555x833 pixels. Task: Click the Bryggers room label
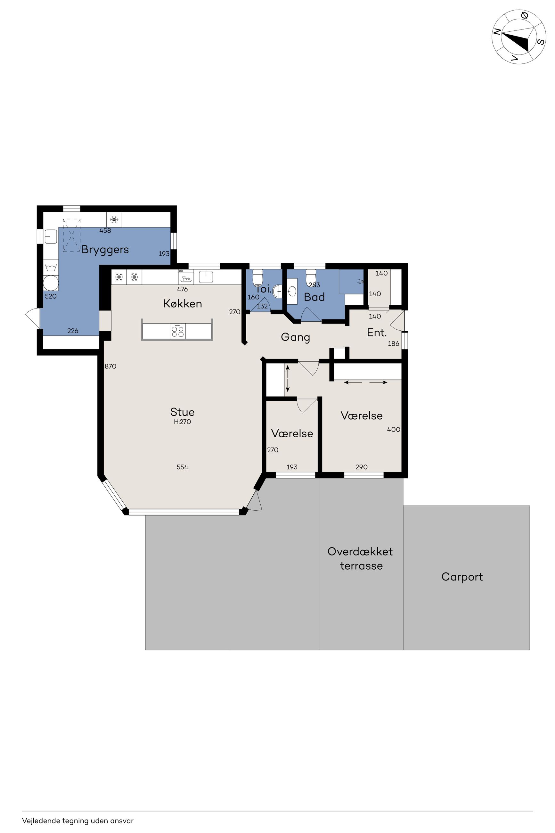pos(105,250)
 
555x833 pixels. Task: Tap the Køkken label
pos(182,303)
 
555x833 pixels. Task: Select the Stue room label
pos(182,412)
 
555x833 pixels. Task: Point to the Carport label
pos(462,577)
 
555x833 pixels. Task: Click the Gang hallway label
pos(295,337)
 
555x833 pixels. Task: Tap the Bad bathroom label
pos(314,297)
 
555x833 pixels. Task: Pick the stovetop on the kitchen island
pos(177,331)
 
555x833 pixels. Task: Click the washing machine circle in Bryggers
pos(51,283)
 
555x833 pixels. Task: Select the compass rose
pos(519,37)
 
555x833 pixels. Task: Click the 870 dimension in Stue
pos(110,367)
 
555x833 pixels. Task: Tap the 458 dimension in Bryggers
pos(105,230)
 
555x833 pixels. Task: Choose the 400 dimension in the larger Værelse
pos(394,429)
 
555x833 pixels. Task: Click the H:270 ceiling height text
pos(182,422)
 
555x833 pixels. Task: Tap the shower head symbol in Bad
pos(360,281)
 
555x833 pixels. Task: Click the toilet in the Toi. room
pos(258,277)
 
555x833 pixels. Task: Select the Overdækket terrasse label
pos(360,558)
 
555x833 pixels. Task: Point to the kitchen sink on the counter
pos(206,277)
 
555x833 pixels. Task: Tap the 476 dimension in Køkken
pos(182,289)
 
